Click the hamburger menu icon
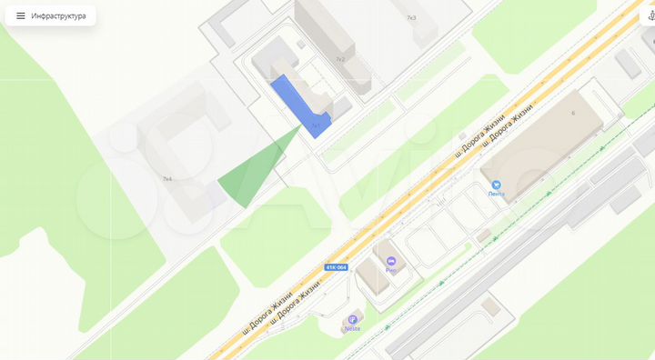pyautogui.click(x=21, y=15)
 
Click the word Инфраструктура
pyautogui.click(x=58, y=15)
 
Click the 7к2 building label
pyautogui.click(x=340, y=59)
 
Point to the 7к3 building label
pyautogui.click(x=411, y=17)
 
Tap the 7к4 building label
pyautogui.click(x=167, y=179)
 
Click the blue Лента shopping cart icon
pyautogui.click(x=496, y=185)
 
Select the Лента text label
pyautogui.click(x=496, y=195)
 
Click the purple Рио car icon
pyautogui.click(x=390, y=261)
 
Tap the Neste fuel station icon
pyautogui.click(x=352, y=319)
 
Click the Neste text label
pyautogui.click(x=352, y=329)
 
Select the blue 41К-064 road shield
pyautogui.click(x=337, y=267)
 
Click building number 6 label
pyautogui.click(x=573, y=113)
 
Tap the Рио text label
pyautogui.click(x=390, y=270)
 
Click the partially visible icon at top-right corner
pyautogui.click(x=650, y=15)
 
